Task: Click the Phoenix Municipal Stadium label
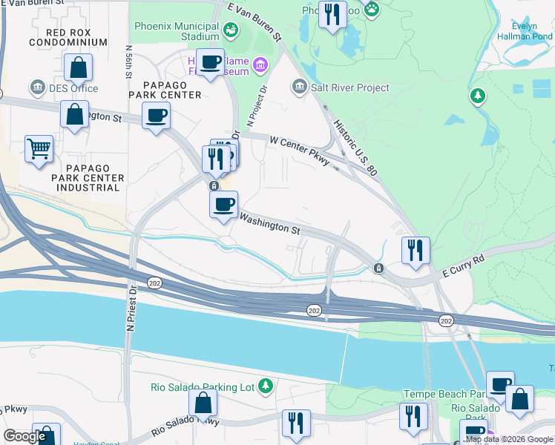pyautogui.click(x=177, y=30)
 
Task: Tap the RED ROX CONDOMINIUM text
pyautogui.click(x=68, y=37)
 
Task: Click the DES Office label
pyautogui.click(x=73, y=88)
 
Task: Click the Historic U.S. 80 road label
pyautogui.click(x=355, y=149)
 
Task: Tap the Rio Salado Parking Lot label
pyautogui.click(x=203, y=386)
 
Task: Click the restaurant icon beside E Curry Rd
pyautogui.click(x=416, y=250)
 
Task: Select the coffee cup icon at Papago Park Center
pyautogui.click(x=157, y=115)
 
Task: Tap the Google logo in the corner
pyautogui.click(x=24, y=436)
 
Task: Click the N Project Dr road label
pyautogui.click(x=261, y=104)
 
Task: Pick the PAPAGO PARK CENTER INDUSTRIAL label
pyautogui.click(x=86, y=178)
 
